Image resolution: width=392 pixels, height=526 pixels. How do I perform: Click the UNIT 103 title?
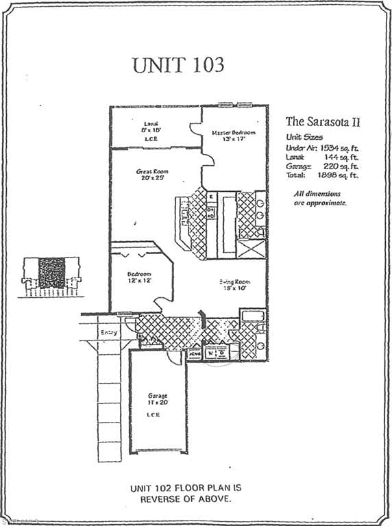pyautogui.click(x=177, y=65)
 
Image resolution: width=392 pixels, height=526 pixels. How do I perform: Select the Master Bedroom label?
pyautogui.click(x=233, y=131)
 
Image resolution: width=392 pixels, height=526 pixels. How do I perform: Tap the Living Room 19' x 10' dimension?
pyautogui.click(x=232, y=288)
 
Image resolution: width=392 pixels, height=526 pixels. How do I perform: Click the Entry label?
pyautogui.click(x=108, y=333)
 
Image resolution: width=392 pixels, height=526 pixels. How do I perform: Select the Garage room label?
pyautogui.click(x=158, y=396)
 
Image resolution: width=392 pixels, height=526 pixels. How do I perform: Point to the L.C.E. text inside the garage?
pyautogui.click(x=158, y=414)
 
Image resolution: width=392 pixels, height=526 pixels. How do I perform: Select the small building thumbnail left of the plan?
pyautogui.click(x=52, y=275)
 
